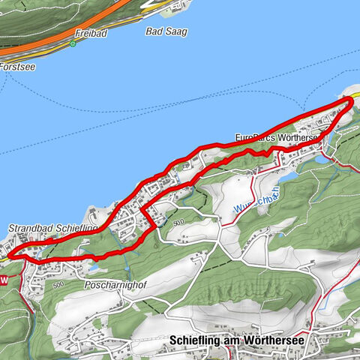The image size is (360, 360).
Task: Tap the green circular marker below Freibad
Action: [x=73, y=43]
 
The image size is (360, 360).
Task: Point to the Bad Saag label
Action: [x=166, y=31]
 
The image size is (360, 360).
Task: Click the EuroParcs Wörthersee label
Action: [x=278, y=139]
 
